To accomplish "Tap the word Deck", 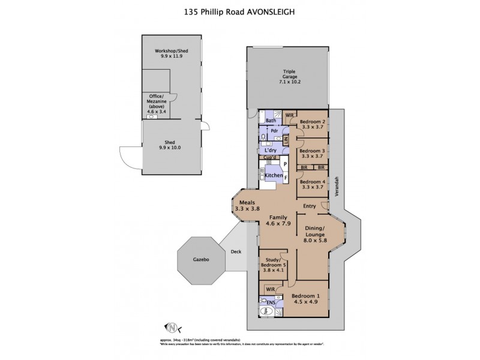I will coord(236,252).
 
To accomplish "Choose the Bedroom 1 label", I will coord(306,299).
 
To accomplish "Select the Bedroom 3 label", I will coord(312,153).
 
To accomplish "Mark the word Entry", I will coord(310,207).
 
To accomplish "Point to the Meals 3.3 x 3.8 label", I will coord(248,206).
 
